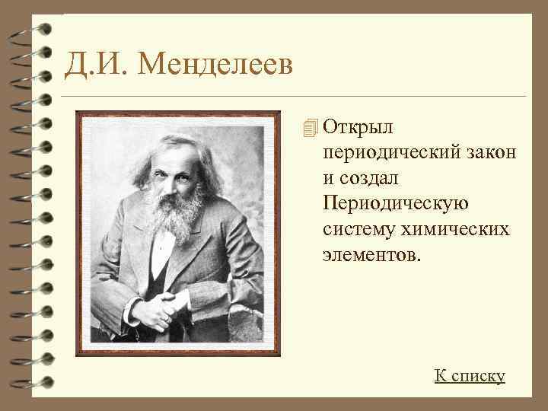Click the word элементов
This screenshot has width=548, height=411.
(371, 253)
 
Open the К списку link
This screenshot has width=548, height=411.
(470, 375)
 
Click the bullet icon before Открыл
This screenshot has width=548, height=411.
(307, 127)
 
